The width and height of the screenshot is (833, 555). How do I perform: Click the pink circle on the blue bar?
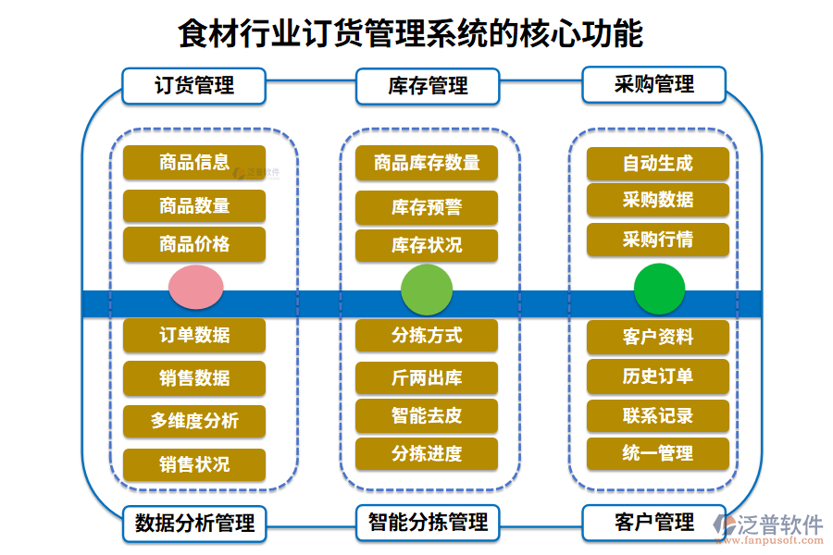[x=195, y=288]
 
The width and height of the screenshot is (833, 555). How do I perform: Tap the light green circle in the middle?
[x=427, y=289]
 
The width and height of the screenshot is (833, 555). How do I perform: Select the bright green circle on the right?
[x=659, y=289]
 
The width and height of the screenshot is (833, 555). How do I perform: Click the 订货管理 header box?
[x=194, y=86]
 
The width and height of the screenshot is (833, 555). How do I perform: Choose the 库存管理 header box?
[x=427, y=86]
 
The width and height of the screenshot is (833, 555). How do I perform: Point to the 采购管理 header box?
[x=653, y=85]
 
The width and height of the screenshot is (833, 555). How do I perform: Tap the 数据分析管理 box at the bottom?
[x=194, y=524]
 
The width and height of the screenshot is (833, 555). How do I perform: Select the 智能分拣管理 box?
[x=427, y=523]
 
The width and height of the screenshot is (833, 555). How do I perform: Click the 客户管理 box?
[x=653, y=524]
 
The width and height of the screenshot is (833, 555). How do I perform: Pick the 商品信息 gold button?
[x=194, y=163]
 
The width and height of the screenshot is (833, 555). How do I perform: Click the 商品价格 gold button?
[x=194, y=244]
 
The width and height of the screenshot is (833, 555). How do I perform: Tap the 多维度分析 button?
[x=194, y=421]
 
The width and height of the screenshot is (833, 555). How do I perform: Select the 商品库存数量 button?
[x=427, y=164]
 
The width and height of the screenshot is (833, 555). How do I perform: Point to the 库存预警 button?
[x=427, y=207]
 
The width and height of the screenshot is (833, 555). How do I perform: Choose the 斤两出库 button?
[x=427, y=378]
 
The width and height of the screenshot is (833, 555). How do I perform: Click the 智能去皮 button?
[x=427, y=415]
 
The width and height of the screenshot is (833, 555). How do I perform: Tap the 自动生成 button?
[x=658, y=164]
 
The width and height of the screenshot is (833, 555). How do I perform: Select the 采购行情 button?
[x=658, y=240]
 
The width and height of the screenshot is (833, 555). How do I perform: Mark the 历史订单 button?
[x=658, y=376]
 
